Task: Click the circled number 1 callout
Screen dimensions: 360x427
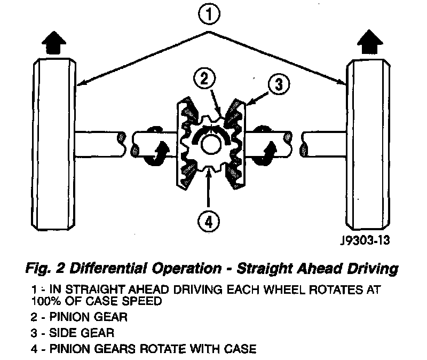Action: [210, 15]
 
